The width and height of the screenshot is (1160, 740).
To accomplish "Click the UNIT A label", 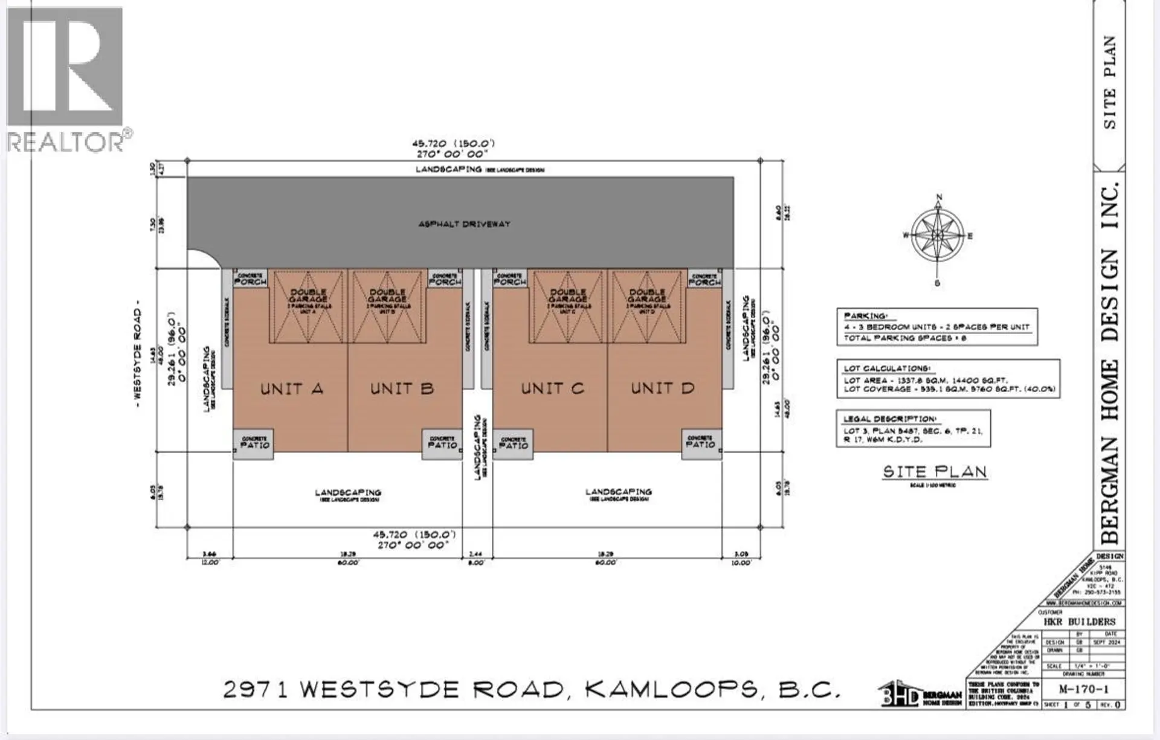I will [x=292, y=388].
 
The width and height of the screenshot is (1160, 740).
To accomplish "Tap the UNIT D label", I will [x=663, y=388].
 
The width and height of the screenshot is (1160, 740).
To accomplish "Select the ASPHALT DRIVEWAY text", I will [x=464, y=224].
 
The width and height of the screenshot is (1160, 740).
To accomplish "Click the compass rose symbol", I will [x=938, y=236].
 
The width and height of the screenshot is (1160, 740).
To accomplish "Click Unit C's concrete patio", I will [x=513, y=445].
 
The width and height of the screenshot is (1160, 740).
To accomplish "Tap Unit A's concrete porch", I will [x=250, y=278].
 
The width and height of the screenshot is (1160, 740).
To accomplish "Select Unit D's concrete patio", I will [x=701, y=444].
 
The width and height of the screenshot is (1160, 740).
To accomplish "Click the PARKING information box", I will [x=936, y=327].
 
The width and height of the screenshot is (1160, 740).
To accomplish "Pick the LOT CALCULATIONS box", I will [x=948, y=379].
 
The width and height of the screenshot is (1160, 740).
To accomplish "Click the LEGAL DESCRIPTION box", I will [x=913, y=428].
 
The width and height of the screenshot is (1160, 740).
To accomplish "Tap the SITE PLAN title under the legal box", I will [x=935, y=472].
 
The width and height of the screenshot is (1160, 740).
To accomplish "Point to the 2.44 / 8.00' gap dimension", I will [x=476, y=558].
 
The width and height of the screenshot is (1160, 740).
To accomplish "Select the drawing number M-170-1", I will [x=1083, y=689].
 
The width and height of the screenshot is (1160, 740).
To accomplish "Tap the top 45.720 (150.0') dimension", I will [x=454, y=144].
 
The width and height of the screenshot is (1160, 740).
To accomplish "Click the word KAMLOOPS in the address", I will [x=671, y=689].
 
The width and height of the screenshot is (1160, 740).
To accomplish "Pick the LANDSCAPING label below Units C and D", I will [x=619, y=493].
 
